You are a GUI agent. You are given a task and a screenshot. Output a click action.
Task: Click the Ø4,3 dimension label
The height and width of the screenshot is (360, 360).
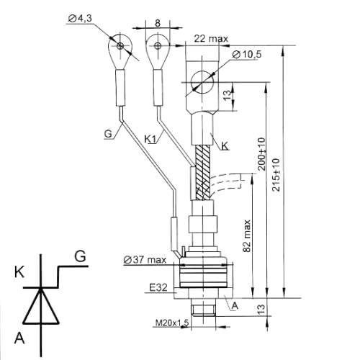pos(80,19)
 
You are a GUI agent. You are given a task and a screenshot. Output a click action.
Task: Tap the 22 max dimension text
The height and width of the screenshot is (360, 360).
pos(211,39)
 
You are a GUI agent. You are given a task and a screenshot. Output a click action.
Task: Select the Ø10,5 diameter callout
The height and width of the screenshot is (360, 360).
pos(247,55)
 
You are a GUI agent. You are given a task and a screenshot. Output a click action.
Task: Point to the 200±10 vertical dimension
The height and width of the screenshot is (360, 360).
pos(262,154)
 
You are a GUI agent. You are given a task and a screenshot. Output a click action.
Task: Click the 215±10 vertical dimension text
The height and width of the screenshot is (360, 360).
pos(276,175)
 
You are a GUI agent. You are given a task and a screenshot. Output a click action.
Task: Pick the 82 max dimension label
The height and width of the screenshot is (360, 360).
pos(247,235)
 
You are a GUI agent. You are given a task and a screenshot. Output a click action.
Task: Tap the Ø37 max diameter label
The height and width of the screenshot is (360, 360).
pos(145,260)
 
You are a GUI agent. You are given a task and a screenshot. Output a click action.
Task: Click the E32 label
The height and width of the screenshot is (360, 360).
pos(158,287)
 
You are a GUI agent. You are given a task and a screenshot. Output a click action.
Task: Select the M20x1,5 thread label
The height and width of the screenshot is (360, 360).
pos(172,323)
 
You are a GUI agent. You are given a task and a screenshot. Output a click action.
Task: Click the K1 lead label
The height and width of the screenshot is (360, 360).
pos(150,139)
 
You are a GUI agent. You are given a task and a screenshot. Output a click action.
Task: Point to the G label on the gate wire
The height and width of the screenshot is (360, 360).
pos(108,134)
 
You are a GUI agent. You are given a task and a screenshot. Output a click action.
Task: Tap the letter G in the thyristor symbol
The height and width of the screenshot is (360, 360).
pos(80,256)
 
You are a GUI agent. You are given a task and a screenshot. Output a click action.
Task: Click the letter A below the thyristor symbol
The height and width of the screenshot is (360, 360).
pos(19,338)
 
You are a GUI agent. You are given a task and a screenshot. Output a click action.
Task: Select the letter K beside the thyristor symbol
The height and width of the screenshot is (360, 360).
pos(19,273)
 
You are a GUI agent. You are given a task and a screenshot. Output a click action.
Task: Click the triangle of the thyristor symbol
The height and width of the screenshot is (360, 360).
pos(41,306)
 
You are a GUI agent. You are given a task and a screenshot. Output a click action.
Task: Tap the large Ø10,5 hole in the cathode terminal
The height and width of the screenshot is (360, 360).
pos(202,82)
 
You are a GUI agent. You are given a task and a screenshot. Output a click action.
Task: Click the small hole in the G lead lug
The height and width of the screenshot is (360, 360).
pos(120,45)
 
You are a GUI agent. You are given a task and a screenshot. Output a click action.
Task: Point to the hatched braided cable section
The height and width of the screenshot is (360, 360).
pos(203,173)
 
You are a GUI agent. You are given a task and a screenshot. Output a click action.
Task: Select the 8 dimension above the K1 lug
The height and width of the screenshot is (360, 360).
pos(158,23)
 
